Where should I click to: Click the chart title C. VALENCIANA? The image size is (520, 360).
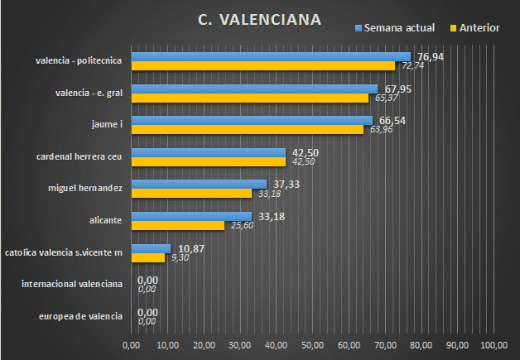260,20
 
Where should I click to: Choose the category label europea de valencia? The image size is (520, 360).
81,317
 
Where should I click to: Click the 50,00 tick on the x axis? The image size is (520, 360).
313,345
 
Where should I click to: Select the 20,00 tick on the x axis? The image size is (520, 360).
204,345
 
